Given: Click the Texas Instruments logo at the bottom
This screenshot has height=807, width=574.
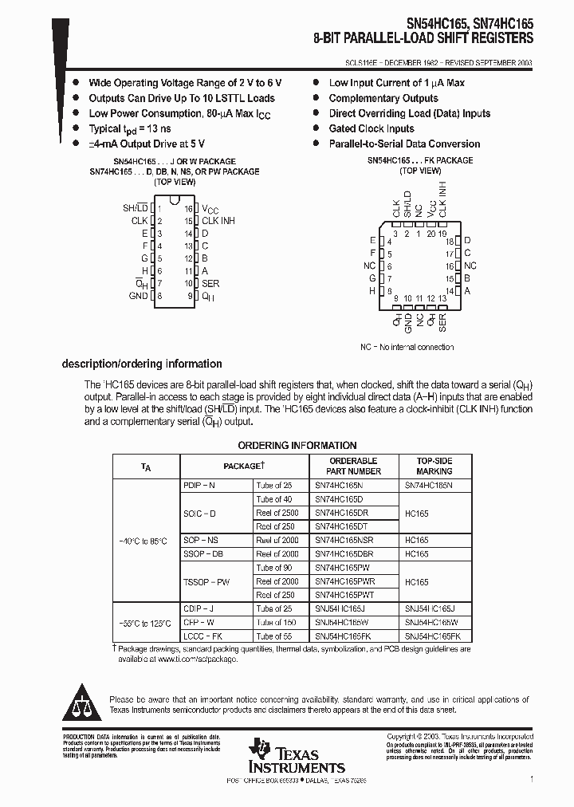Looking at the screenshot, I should point(296,756).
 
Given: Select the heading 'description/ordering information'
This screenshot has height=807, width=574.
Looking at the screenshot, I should point(142,364).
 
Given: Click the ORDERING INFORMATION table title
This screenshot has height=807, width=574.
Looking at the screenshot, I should point(297,446).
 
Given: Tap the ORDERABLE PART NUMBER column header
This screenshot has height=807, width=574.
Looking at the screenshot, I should point(353,466).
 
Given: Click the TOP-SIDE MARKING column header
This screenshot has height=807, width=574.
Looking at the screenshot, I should point(434,466).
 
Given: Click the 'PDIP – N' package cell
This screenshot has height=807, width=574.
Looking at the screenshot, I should point(199,485).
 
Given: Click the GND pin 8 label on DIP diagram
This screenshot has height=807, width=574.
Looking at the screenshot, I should point(138,296).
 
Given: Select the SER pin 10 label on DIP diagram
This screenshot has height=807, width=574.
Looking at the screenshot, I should point(210,283).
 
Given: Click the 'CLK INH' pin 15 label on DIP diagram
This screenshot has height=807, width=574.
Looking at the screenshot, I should point(218,221).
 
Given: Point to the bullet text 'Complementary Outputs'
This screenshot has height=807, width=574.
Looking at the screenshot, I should point(383,98).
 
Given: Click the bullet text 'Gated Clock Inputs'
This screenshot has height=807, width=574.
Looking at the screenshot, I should point(372,128).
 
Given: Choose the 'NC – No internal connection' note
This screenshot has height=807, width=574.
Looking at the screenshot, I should point(407,347).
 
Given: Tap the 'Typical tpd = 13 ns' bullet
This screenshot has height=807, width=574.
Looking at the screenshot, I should point(130,129).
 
